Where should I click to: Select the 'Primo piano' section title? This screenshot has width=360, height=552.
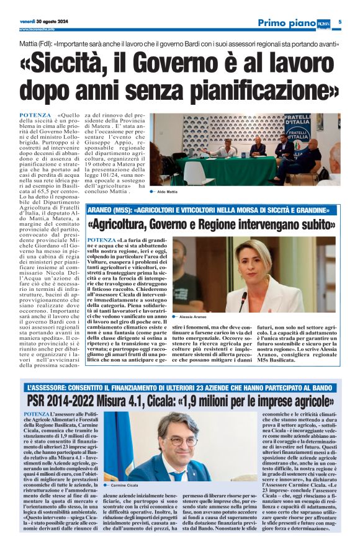coord(287,23)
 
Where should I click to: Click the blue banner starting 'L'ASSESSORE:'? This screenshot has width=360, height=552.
coord(180,388)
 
